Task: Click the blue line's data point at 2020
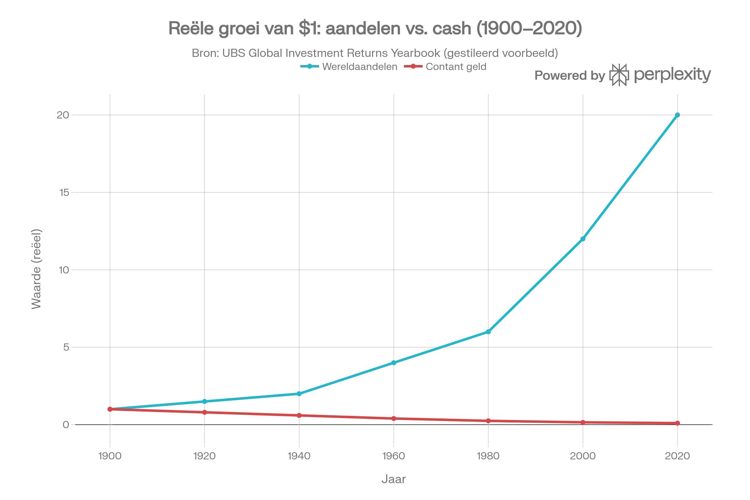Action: pyautogui.click(x=677, y=115)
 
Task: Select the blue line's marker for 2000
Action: pyautogui.click(x=583, y=238)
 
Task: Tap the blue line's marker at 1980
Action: pyautogui.click(x=488, y=332)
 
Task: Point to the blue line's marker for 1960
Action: pyautogui.click(x=394, y=362)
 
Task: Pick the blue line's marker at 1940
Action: pyautogui.click(x=299, y=394)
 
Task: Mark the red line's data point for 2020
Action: pyautogui.click(x=677, y=423)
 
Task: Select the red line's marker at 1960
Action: pyautogui.click(x=394, y=418)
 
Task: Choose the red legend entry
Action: pyautogui.click(x=446, y=66)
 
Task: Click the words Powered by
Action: pyautogui.click(x=569, y=76)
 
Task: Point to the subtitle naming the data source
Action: pyautogui.click(x=375, y=53)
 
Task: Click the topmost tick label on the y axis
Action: pyautogui.click(x=62, y=115)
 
